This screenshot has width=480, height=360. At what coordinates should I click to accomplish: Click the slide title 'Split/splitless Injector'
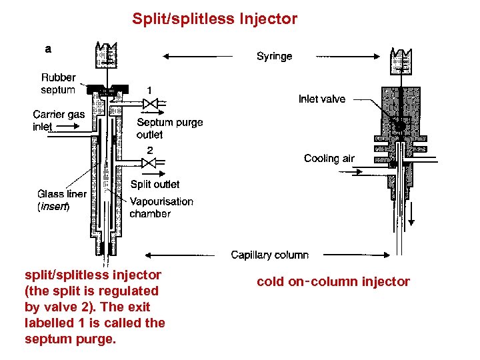(x=215, y=19)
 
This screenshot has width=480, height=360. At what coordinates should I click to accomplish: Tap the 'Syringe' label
(x=274, y=57)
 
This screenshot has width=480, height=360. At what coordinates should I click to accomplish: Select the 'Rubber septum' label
(x=59, y=84)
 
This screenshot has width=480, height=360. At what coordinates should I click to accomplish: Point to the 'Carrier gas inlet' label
(x=59, y=120)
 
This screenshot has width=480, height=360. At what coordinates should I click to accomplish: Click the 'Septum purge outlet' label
(x=169, y=128)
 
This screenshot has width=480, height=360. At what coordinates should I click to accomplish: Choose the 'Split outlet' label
(x=155, y=184)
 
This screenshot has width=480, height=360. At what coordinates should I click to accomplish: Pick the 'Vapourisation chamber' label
(x=161, y=207)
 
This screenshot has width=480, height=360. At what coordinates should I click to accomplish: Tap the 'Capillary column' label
(x=269, y=255)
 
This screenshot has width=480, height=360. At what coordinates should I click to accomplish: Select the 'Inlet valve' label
(x=321, y=99)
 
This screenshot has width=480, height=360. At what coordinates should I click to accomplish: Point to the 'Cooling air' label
(x=329, y=158)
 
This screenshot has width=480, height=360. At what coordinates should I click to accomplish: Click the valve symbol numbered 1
(x=151, y=103)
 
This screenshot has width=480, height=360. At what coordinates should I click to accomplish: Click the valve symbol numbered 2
(x=151, y=163)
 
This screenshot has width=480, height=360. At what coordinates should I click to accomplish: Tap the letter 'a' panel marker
(x=47, y=48)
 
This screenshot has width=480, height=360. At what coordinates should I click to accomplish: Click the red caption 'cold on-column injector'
(x=333, y=282)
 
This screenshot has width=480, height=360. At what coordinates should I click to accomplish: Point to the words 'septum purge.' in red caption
(x=70, y=339)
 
